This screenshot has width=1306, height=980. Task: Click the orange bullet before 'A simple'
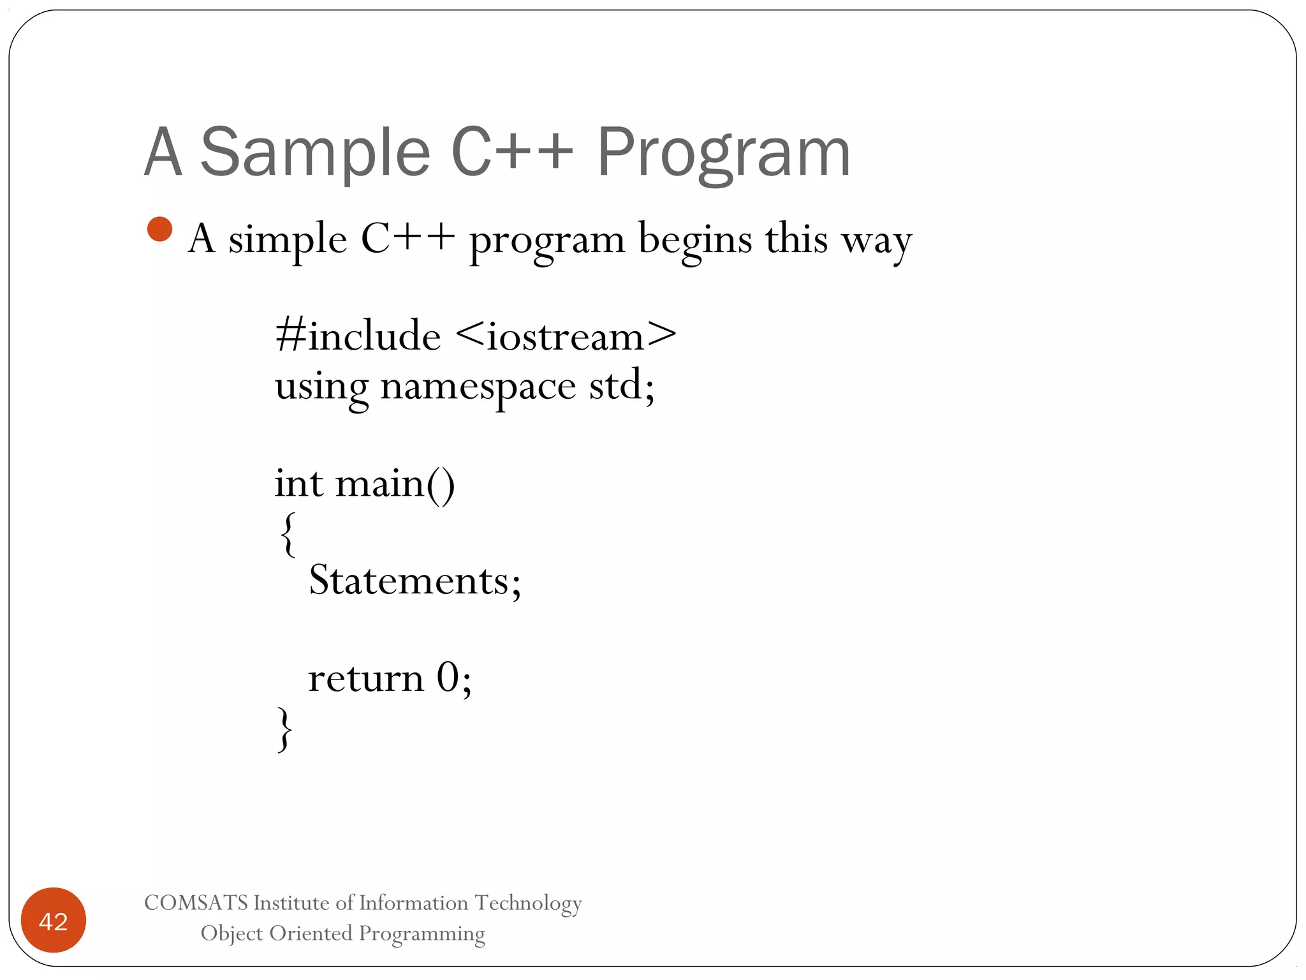[x=159, y=230]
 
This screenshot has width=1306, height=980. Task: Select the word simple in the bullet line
[x=288, y=240]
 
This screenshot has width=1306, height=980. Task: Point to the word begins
[x=695, y=240]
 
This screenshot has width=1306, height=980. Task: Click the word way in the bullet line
[x=876, y=241]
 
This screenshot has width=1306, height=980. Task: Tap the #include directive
[x=358, y=335]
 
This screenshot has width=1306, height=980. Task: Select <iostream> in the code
[x=566, y=335]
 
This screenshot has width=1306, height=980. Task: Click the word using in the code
[x=321, y=387]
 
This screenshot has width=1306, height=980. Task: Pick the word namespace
[x=478, y=387]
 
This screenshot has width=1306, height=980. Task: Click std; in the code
[x=621, y=385]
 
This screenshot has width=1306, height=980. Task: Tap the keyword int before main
[x=298, y=483]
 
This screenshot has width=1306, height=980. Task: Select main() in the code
[x=395, y=484]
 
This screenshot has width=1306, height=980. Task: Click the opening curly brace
[x=288, y=534]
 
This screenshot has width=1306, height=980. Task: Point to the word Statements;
[x=415, y=581]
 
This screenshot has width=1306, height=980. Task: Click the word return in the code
[x=366, y=678]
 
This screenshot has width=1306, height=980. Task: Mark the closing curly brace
[x=285, y=729]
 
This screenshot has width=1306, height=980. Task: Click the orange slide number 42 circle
[x=54, y=920]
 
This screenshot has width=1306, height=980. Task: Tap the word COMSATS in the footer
[x=196, y=903]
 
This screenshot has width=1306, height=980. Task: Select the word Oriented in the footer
[x=311, y=933]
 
